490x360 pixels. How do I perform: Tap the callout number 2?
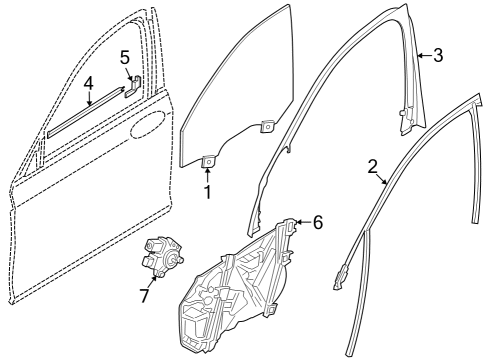372,166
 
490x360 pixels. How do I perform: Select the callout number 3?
437,56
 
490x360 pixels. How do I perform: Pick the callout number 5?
125,57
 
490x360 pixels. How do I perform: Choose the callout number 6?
317,223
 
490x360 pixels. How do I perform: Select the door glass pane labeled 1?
230,100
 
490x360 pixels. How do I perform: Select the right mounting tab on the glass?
267,126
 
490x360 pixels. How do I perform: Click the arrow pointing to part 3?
422,56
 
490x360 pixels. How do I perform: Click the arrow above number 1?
207,173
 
